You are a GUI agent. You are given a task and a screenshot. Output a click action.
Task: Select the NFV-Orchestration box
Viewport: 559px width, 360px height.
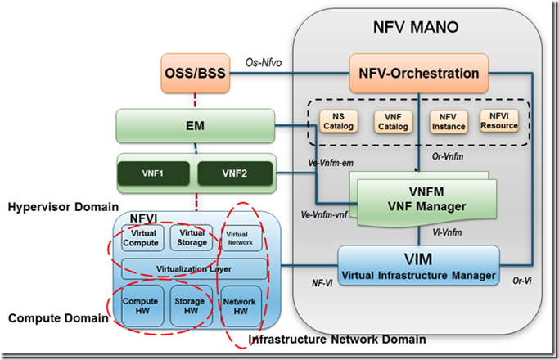coord(418,73)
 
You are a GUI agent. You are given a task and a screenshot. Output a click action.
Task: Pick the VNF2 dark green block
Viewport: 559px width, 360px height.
coord(234,173)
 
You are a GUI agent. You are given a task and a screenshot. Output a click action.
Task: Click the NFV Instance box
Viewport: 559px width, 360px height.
coord(448,122)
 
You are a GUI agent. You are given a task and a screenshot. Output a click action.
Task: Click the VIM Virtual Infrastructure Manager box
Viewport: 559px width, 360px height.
coord(418,266)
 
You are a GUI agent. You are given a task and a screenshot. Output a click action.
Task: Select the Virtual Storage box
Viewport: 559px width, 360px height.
coord(191,238)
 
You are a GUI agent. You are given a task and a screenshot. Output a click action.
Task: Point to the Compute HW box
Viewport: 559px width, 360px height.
coord(140,306)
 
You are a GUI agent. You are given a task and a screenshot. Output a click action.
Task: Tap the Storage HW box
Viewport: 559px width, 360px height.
coord(190,306)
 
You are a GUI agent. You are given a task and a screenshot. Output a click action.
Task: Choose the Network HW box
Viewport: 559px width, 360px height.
coord(240,306)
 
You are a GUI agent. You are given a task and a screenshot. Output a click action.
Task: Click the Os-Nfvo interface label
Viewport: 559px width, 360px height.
coord(264,61)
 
